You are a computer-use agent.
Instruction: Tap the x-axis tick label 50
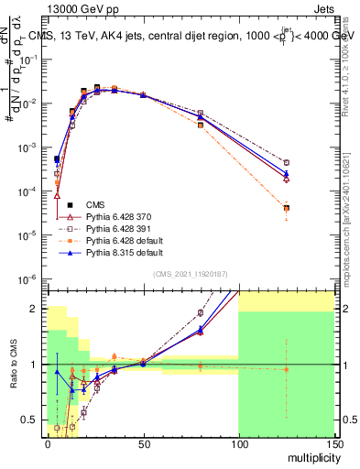click(x=142, y=442)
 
